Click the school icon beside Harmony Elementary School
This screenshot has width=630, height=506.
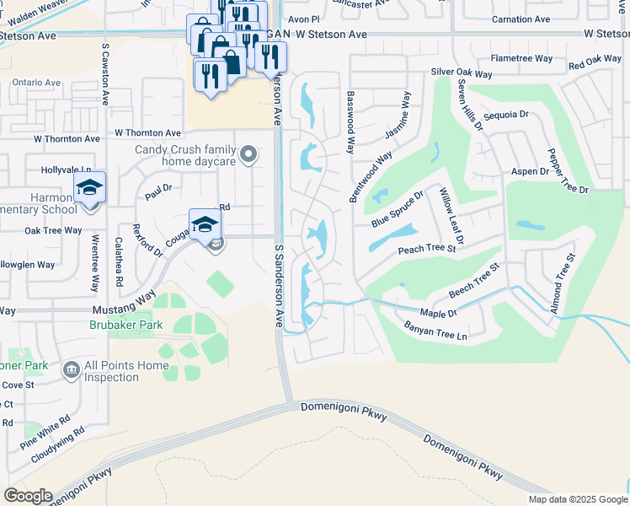(88, 188)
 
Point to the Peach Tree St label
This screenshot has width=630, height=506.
(426, 249)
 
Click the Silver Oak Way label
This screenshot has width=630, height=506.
(461, 73)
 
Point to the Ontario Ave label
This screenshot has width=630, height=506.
(36, 83)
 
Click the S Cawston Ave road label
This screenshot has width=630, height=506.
(105, 74)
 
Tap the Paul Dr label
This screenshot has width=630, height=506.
(157, 189)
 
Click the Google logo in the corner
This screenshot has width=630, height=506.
(28, 495)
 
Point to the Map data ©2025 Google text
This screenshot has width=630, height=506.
(578, 499)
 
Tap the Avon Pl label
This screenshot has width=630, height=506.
(303, 18)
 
